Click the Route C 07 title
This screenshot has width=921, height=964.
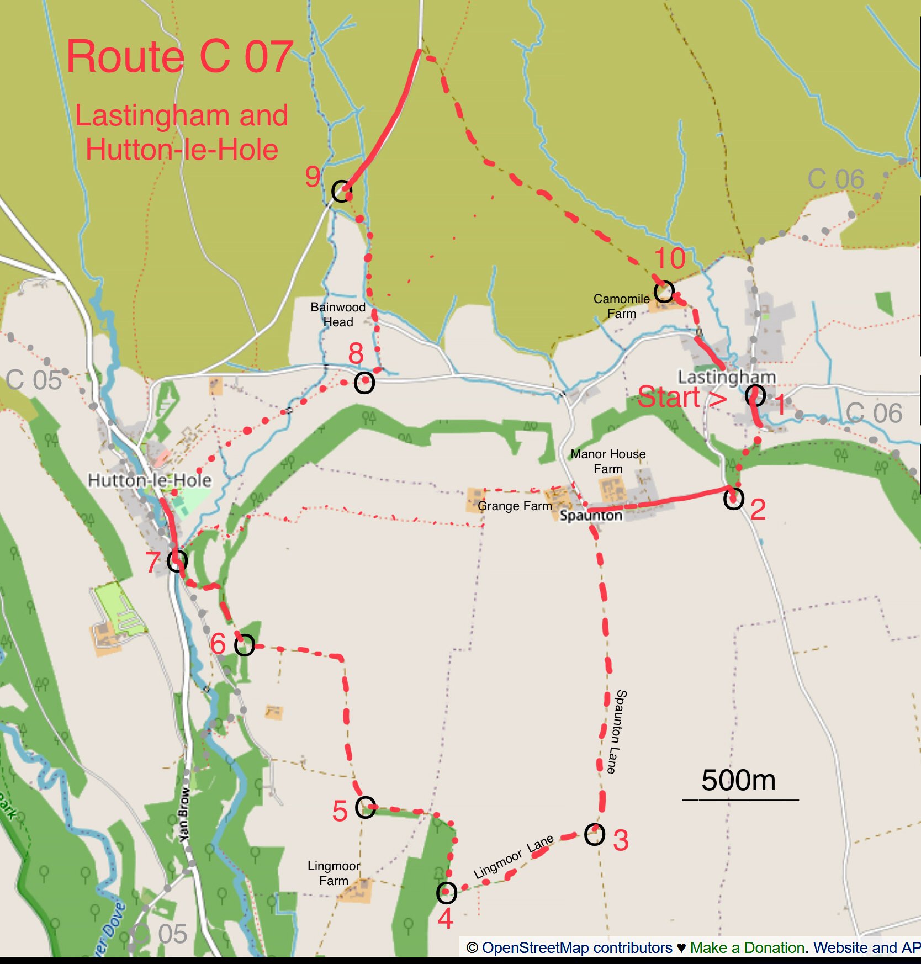pos(179,56)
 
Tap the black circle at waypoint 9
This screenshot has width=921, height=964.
pos(342,191)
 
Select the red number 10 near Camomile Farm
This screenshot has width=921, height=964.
pos(670,258)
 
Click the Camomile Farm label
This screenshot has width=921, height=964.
pos(622,306)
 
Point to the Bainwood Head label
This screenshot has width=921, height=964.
pos(338,315)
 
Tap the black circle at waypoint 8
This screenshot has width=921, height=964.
pos(364,383)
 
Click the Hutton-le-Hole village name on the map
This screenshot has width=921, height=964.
pos(150,480)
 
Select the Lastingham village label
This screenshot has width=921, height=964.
pos(727,377)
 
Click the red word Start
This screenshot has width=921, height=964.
pos(669,398)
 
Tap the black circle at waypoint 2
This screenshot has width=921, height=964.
pos(733,499)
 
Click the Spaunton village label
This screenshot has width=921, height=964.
pos(591,515)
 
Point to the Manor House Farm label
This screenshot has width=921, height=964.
pos(608,462)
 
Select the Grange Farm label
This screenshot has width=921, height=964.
pos(515,506)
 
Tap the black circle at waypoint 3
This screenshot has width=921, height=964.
pos(595,835)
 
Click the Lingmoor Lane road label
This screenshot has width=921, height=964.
pos(514,857)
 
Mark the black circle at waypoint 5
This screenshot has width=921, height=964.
pos(366,807)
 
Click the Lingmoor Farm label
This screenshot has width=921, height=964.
pos(334,873)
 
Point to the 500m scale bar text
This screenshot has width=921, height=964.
pos(738,781)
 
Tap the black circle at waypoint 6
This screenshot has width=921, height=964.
pos(245,645)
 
